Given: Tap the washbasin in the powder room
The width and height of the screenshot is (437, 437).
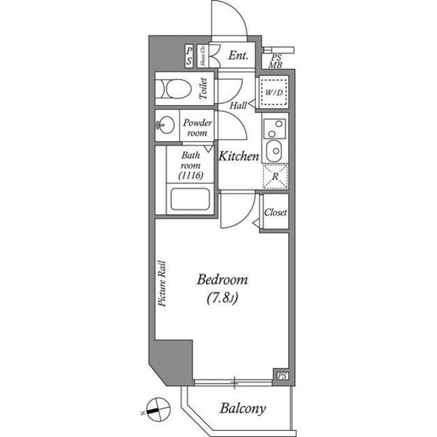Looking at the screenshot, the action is click(x=165, y=125).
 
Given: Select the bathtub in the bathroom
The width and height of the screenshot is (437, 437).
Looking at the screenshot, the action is click(x=190, y=199).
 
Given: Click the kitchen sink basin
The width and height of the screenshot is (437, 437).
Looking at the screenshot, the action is click(x=274, y=150).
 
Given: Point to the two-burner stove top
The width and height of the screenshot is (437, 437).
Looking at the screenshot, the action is click(x=274, y=129).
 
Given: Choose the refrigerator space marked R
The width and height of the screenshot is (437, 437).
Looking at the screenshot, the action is click(x=275, y=176).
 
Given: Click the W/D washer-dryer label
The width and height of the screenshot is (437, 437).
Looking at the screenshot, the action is click(x=274, y=92).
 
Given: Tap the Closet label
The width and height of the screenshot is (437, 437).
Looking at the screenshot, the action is click(x=275, y=213).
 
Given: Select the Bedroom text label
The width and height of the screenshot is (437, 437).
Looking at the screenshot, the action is click(x=222, y=280).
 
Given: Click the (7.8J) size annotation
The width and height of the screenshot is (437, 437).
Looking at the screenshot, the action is click(x=222, y=298).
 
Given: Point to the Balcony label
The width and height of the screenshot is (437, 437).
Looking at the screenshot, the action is click(x=242, y=409).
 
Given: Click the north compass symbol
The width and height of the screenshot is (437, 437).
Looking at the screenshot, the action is click(x=158, y=410).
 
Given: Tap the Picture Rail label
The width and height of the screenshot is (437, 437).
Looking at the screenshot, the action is click(x=162, y=284).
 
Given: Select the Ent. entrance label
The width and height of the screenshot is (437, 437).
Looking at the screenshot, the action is click(x=238, y=55).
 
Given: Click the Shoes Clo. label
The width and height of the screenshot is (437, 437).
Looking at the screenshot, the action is click(x=203, y=56).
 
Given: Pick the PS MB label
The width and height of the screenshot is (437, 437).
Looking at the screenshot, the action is click(x=276, y=62).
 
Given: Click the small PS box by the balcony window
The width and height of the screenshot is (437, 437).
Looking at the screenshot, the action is click(x=282, y=376).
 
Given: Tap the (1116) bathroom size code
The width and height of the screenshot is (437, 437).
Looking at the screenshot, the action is click(x=191, y=176).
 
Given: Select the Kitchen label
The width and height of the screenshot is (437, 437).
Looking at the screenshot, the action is click(x=239, y=157).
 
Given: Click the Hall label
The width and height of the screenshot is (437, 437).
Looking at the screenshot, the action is click(x=238, y=105).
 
